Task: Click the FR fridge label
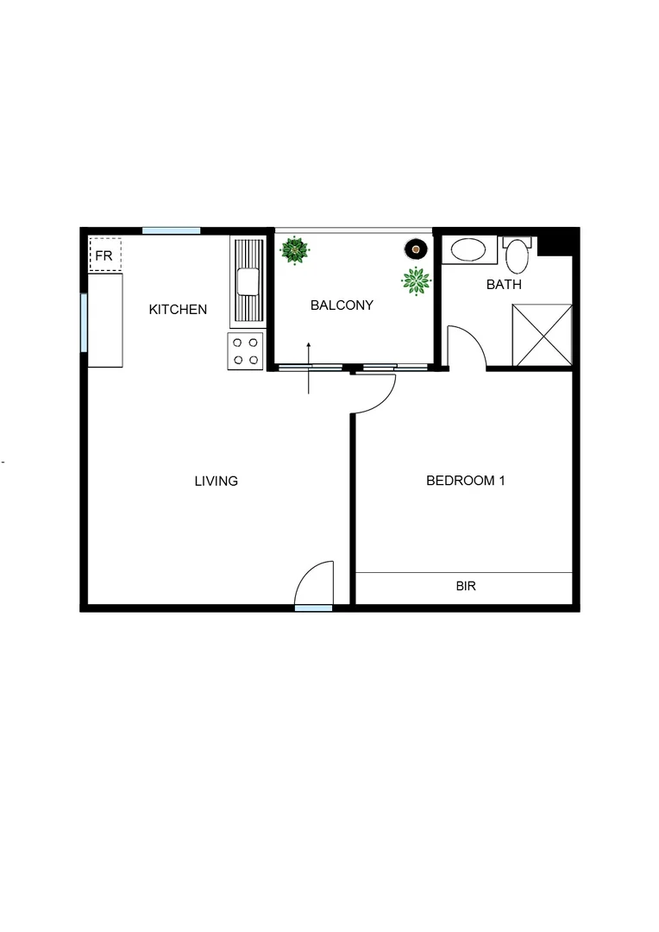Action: pyautogui.click(x=104, y=256)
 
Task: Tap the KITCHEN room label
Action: pyautogui.click(x=178, y=309)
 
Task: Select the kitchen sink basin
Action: pyautogui.click(x=248, y=280)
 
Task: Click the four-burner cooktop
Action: pyautogui.click(x=244, y=351)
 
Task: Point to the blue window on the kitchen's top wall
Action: pyautogui.click(x=171, y=230)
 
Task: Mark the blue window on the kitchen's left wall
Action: pyautogui.click(x=84, y=323)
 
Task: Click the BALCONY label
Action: pyautogui.click(x=342, y=305)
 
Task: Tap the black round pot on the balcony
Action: pyautogui.click(x=416, y=249)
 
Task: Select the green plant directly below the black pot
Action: pyautogui.click(x=416, y=280)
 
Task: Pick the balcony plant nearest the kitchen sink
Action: pyautogui.click(x=295, y=251)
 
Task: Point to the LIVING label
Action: pyautogui.click(x=216, y=481)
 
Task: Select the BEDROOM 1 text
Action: pyautogui.click(x=465, y=481)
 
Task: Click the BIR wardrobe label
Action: pyautogui.click(x=466, y=586)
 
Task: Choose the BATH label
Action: pyautogui.click(x=504, y=284)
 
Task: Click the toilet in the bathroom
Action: pyautogui.click(x=518, y=255)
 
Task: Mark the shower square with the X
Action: pyautogui.click(x=542, y=335)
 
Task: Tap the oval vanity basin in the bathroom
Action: pyautogui.click(x=469, y=250)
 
